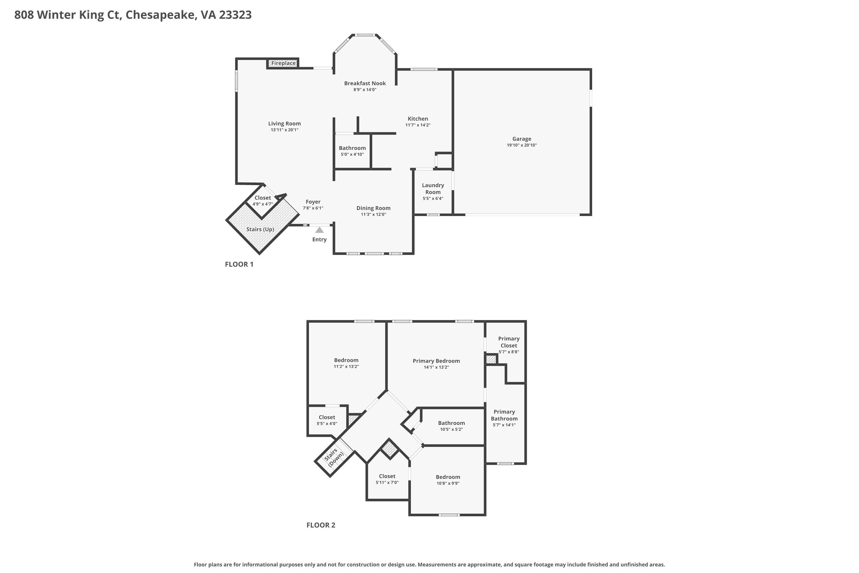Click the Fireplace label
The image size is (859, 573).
click(283, 63)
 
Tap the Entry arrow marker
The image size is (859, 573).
click(320, 230)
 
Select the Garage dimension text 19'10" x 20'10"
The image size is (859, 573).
click(521, 145)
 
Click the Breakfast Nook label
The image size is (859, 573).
click(365, 83)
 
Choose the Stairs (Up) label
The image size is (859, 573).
click(260, 229)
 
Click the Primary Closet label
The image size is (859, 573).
click(509, 342)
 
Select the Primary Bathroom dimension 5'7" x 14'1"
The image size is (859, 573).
click(504, 425)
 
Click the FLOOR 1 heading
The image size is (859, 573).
click(239, 264)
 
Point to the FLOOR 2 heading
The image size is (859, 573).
click(321, 525)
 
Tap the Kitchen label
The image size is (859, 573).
click(418, 119)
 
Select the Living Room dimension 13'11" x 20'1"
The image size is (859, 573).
click(285, 130)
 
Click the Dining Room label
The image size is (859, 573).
click(373, 208)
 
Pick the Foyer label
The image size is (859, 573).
click(313, 202)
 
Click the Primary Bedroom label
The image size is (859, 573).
click(436, 361)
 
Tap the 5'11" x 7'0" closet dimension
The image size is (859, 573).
click(387, 482)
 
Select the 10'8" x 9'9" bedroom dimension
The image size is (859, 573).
click(448, 483)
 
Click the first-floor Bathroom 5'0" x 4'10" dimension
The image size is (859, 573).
click(352, 154)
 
